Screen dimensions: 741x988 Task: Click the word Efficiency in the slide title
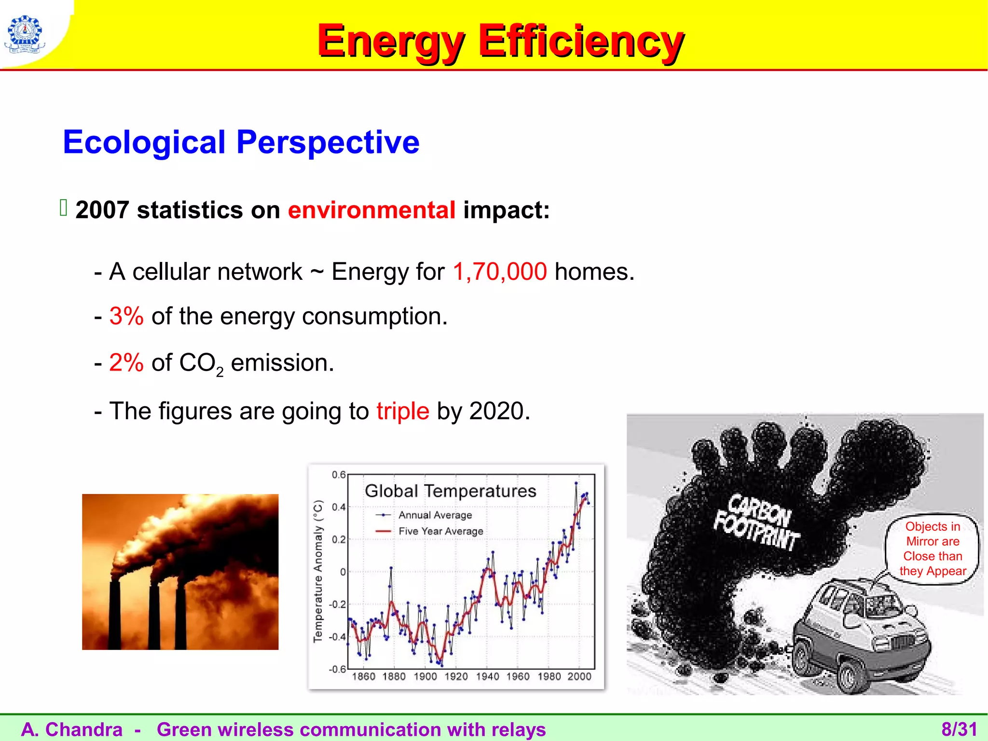pos(580,41)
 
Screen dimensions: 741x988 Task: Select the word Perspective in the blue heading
pos(328,142)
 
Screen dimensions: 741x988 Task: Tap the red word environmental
pos(371,210)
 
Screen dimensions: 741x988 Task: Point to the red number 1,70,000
pos(500,272)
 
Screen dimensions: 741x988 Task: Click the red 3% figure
pos(126,316)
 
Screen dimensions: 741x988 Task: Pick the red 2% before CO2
pos(126,363)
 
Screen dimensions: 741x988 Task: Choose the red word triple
pos(403,411)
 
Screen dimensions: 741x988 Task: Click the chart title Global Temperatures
pos(450,491)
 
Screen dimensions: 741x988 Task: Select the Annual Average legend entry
pos(435,515)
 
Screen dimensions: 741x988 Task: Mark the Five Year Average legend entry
pos(440,531)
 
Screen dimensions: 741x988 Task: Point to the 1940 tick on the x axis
pos(487,676)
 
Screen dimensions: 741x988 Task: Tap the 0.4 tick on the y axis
pos(339,507)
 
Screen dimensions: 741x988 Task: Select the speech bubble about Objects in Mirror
pos(932,549)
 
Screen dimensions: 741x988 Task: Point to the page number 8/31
pos(959,729)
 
